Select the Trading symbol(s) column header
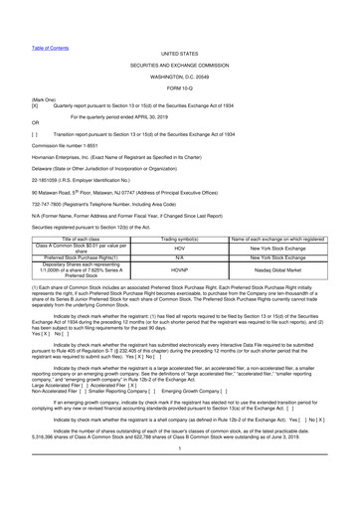[172, 254]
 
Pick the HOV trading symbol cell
[172, 265]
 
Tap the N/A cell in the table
[172, 276]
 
